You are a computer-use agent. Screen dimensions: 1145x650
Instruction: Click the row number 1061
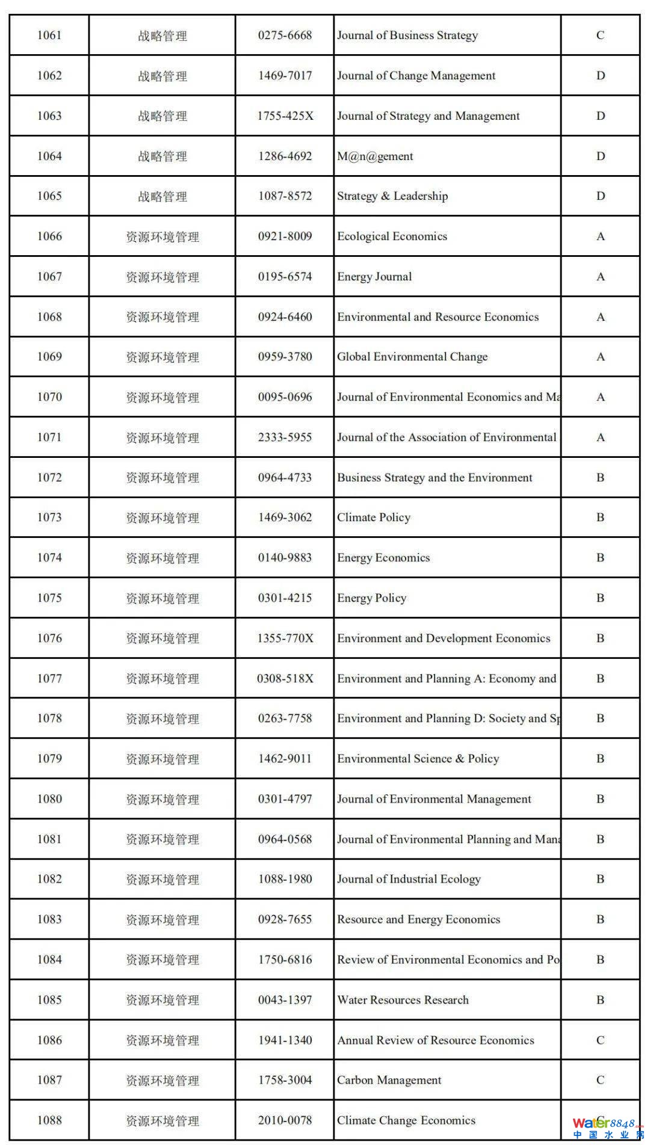[49, 35]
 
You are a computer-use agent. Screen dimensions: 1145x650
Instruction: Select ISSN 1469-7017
[285, 76]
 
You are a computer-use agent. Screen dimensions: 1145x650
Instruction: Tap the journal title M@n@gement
[375, 156]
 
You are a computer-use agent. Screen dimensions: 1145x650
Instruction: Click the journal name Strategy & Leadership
[392, 196]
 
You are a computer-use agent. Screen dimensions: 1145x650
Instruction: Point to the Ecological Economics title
[392, 236]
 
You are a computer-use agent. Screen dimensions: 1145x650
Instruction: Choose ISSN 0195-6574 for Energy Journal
[285, 277]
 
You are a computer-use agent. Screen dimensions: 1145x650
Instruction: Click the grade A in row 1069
[600, 357]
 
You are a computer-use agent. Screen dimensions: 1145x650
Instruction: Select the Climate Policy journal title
[374, 517]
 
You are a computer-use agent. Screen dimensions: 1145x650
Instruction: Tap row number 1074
[49, 558]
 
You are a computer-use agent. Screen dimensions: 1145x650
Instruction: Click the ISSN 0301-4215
[285, 598]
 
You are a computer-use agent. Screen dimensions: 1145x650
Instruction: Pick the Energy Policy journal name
[371, 598]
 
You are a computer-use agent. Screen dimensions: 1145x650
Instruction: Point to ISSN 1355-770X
[285, 638]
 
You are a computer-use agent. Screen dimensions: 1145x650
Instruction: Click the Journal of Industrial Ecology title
[409, 879]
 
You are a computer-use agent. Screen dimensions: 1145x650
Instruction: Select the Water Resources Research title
[403, 1000]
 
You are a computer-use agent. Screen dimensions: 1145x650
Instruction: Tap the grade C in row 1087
[600, 1080]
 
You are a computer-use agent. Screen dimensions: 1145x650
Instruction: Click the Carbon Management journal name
[389, 1080]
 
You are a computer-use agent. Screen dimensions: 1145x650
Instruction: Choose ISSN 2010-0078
[285, 1120]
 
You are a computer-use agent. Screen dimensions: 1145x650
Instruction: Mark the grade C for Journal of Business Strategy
[600, 35]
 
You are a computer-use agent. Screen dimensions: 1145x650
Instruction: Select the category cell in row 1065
[162, 196]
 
